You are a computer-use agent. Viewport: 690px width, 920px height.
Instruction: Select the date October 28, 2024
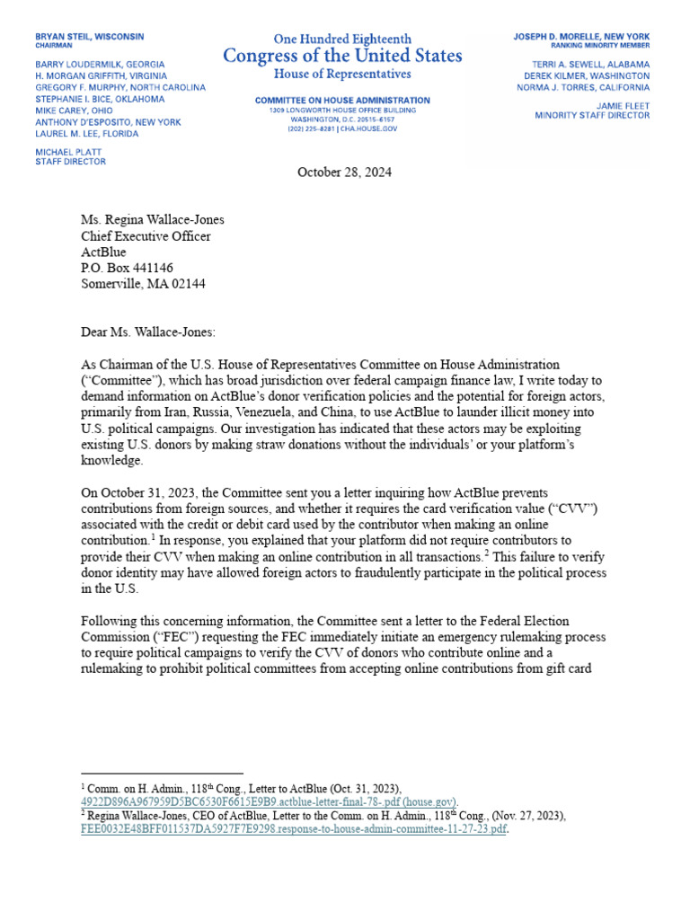(344, 172)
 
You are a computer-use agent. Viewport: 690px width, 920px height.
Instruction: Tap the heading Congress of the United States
(343, 57)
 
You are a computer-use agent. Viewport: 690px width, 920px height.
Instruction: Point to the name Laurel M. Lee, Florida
(86, 134)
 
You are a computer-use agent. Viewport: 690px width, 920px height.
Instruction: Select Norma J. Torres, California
(584, 87)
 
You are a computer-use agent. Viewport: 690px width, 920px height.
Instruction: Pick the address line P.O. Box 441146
(128, 268)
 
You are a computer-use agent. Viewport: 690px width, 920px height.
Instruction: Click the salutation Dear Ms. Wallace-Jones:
(148, 332)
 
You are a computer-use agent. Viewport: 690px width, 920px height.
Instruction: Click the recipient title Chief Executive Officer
(146, 236)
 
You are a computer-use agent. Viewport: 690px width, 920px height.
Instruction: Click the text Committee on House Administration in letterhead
(342, 101)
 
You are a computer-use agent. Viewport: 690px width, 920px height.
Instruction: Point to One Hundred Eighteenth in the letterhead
(343, 39)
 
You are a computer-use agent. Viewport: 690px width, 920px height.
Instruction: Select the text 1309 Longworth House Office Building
(342, 111)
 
